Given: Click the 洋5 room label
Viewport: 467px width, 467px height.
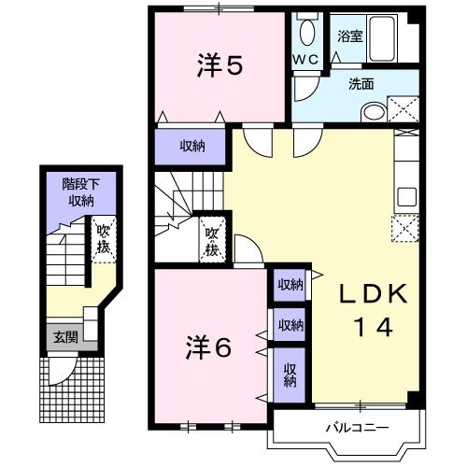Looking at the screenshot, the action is click(x=219, y=65).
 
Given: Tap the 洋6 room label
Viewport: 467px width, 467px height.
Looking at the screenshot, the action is click(x=208, y=347).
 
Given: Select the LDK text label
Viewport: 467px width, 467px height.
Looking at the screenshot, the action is click(x=373, y=293).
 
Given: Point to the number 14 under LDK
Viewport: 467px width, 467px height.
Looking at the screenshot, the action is click(x=373, y=327).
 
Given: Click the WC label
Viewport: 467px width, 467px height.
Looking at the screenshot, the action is click(x=306, y=59).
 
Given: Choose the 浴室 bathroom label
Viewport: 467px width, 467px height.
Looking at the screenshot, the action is click(x=350, y=36).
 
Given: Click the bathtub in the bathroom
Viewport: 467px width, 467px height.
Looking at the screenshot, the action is click(x=382, y=38).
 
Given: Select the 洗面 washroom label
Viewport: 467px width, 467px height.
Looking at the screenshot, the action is click(x=361, y=84).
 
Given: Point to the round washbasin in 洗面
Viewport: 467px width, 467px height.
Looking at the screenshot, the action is click(x=374, y=112).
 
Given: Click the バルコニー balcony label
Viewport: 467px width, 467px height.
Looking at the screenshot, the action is click(x=357, y=428).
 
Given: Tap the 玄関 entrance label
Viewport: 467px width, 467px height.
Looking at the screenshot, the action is click(x=65, y=337).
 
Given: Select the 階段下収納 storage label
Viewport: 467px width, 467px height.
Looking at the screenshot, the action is click(x=81, y=192).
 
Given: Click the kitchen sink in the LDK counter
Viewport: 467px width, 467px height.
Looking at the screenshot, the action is click(x=406, y=197).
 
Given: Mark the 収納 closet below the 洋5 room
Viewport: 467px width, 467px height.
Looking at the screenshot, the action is click(x=191, y=147).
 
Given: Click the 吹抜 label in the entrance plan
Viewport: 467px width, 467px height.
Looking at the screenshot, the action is click(x=104, y=239).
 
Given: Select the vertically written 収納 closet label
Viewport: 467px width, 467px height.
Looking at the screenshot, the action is click(x=290, y=375).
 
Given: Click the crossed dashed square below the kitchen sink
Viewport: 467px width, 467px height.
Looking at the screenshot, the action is click(x=405, y=229).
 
